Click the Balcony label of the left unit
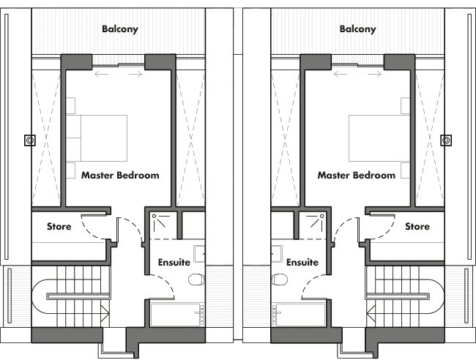120,29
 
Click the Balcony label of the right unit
357,29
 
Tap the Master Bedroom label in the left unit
120,176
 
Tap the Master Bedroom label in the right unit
357,176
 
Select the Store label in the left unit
59,226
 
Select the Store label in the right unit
417,226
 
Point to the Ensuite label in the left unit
174,262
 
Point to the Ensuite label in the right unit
302,262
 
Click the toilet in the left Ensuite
196,280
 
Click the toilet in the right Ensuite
280,280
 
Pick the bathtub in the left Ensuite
177,315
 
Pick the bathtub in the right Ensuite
299,315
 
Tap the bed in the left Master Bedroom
97,138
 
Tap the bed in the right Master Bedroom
379,138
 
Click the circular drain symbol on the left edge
30,140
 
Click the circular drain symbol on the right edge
446,140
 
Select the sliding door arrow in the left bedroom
118,74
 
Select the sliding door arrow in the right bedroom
357,74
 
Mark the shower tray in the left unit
163,225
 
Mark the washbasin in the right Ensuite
277,254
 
